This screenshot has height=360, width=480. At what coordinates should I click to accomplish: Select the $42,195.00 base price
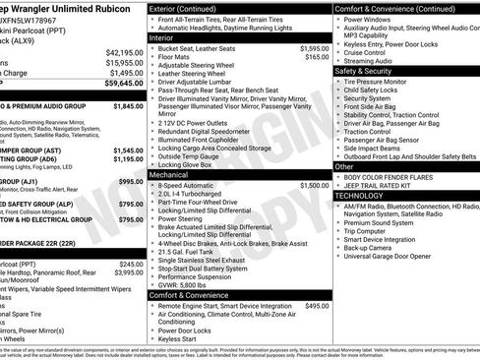pyautogui.click(x=125, y=52)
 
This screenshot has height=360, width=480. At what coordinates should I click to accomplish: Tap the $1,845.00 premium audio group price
pyautogui.click(x=127, y=105)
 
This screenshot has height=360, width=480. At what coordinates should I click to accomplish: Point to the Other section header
pyautogui.click(x=344, y=167)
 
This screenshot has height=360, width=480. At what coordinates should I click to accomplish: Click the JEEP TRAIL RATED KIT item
pyautogui.click(x=389, y=186)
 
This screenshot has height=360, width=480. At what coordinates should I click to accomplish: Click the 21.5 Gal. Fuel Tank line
pyautogui.click(x=197, y=251)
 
